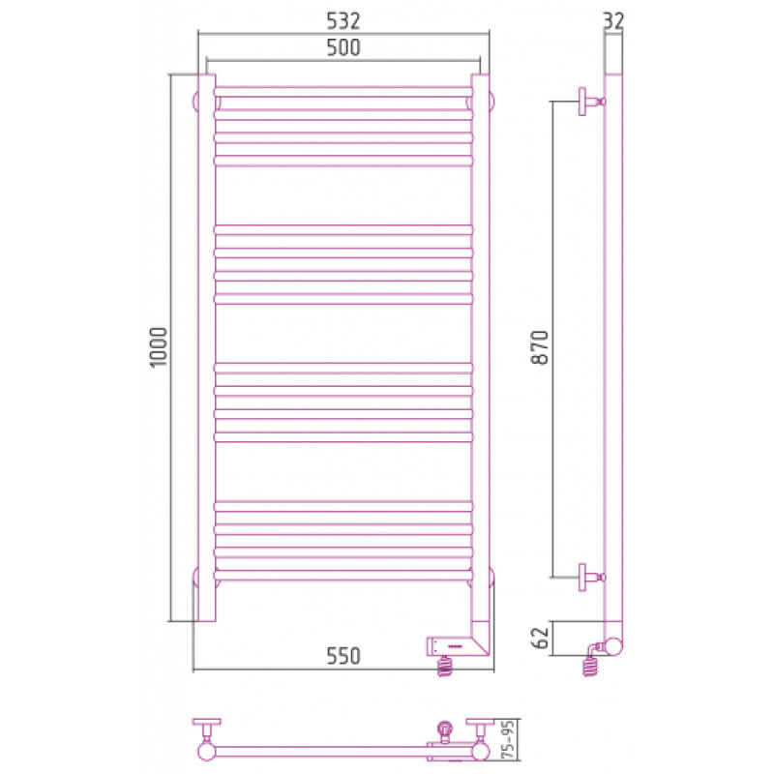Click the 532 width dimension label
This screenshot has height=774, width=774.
point(343,20)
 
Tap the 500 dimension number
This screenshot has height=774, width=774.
point(343,47)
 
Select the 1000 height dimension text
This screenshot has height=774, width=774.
point(159,347)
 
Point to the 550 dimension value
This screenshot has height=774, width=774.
point(343,656)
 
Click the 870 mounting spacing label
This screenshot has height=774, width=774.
point(540,347)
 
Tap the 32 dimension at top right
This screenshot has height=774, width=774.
point(613,20)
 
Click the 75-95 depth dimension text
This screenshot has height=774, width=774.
point(508,739)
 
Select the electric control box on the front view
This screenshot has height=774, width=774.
point(452,646)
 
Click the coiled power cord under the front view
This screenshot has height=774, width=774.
point(445,666)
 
